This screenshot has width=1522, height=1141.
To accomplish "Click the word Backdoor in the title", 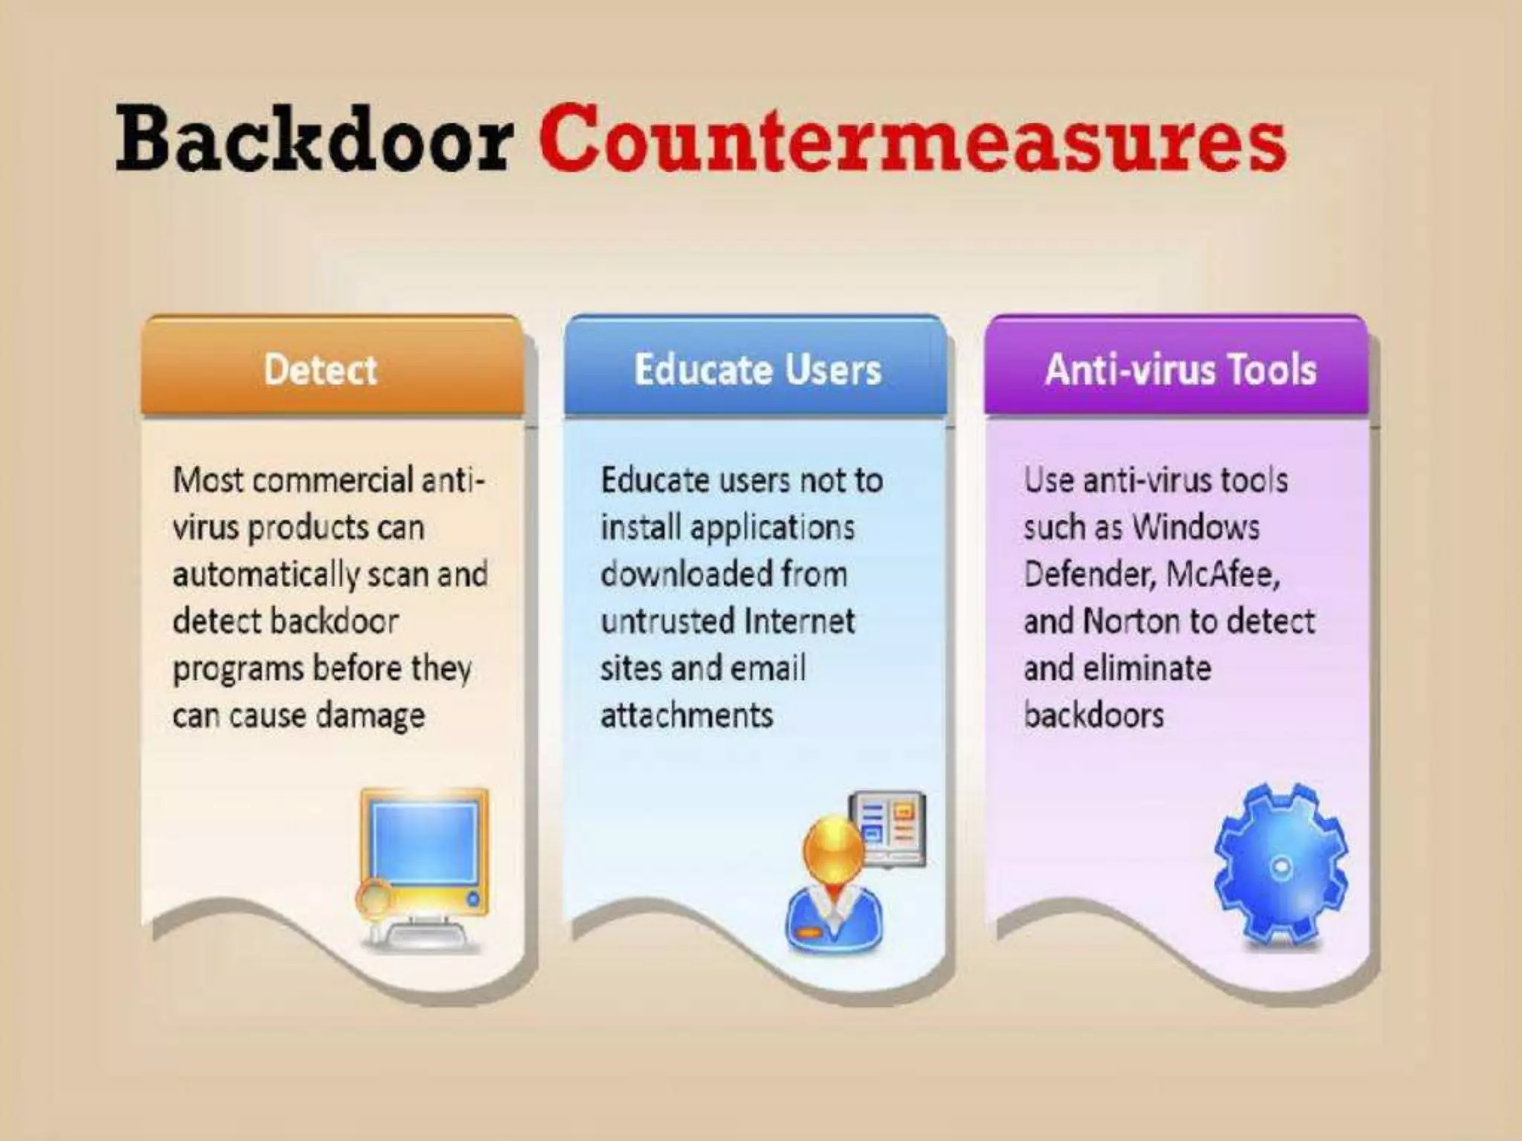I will click(314, 139).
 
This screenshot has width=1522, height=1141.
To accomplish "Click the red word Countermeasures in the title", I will click(912, 139).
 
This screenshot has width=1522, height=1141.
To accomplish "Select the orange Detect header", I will click(321, 369).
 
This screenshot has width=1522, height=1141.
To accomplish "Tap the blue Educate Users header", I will click(757, 369).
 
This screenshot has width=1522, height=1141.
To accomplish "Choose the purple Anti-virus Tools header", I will click(1180, 369).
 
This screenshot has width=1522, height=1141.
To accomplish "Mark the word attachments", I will click(687, 715).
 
